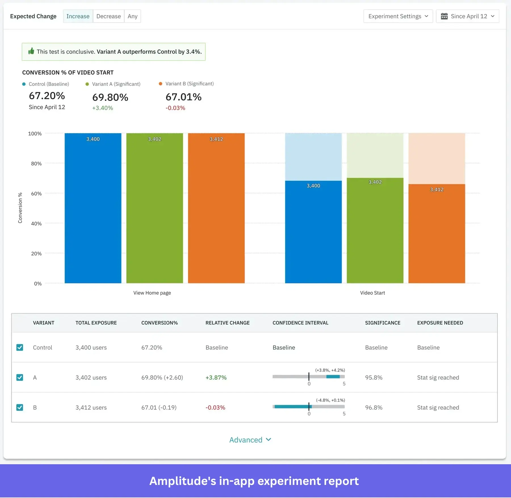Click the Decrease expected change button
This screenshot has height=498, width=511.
click(x=108, y=16)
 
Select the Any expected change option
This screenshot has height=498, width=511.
click(x=132, y=16)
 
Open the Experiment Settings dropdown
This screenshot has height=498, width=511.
click(x=398, y=16)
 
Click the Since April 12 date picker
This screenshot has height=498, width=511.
click(x=467, y=16)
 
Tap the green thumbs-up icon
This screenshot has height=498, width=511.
click(x=31, y=51)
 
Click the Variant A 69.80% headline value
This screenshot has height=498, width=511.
click(x=110, y=97)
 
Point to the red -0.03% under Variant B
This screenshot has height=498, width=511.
click(x=175, y=108)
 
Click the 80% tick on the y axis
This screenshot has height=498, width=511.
click(x=36, y=163)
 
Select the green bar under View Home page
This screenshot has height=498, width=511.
click(x=154, y=210)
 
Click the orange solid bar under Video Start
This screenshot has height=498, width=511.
click(x=436, y=236)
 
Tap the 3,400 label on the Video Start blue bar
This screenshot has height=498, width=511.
click(x=313, y=186)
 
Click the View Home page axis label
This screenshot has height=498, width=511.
click(x=152, y=293)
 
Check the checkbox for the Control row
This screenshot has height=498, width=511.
click(x=20, y=347)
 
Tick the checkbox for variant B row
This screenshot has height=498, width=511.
click(x=20, y=407)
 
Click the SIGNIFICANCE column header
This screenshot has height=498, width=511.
click(x=382, y=323)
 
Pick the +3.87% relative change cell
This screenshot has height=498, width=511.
click(x=216, y=377)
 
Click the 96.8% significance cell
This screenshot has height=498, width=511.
click(x=374, y=407)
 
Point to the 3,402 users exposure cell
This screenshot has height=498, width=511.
click(x=91, y=377)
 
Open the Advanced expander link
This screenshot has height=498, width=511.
click(x=250, y=440)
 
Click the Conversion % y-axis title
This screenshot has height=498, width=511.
click(x=20, y=208)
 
